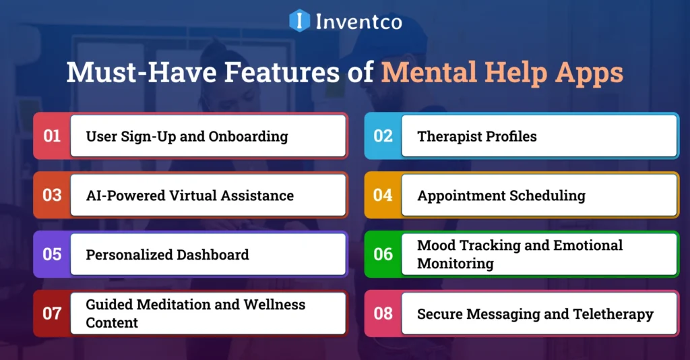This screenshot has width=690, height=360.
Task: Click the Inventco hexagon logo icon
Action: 299,20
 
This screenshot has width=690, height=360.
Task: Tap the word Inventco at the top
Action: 358,22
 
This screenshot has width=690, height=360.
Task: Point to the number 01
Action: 52,136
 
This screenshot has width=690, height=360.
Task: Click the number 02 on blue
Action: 383,136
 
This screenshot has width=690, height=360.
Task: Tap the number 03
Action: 52,196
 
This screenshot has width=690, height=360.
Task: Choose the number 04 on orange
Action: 383,196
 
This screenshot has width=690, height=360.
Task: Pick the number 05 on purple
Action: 52,254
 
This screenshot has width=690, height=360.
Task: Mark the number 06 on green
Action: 383,254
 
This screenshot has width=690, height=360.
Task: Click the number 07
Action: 52,313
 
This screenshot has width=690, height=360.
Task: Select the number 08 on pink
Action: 383,313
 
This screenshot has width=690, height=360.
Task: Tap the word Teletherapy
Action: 613,314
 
